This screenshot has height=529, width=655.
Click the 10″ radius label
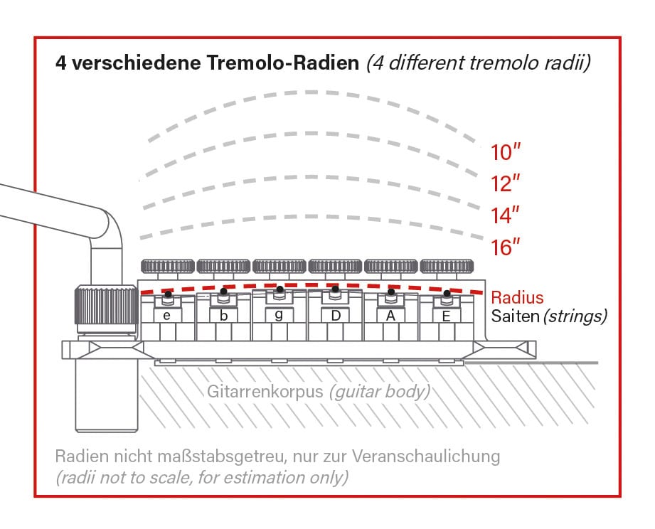(x=506, y=152)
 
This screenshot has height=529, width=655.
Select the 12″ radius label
(x=506, y=183)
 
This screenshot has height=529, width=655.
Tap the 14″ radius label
(x=506, y=215)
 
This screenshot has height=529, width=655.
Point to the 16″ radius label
(x=506, y=247)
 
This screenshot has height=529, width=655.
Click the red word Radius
(x=517, y=298)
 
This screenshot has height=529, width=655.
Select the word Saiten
(x=515, y=316)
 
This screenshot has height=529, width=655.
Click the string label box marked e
(x=167, y=316)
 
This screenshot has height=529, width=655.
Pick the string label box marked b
(x=223, y=316)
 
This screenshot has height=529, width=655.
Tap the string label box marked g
(x=279, y=315)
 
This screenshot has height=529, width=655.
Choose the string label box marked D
(x=336, y=316)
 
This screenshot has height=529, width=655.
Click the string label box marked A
(x=390, y=316)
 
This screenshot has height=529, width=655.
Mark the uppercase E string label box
(x=447, y=316)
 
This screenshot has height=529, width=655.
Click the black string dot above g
(x=280, y=289)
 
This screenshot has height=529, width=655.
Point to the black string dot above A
(x=391, y=292)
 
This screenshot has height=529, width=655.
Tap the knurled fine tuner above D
(x=335, y=266)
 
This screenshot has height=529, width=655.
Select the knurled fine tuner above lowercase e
(x=168, y=266)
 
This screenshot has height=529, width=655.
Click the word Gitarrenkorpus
(x=265, y=392)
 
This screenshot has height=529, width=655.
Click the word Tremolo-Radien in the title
(x=283, y=63)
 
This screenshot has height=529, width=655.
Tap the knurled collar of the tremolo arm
(x=107, y=305)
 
